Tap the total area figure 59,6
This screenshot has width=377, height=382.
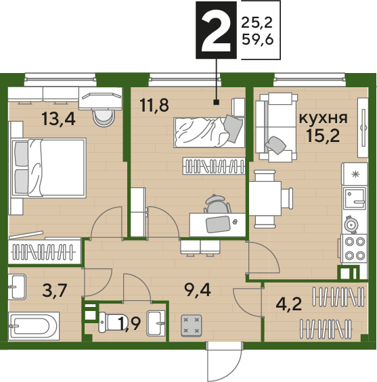257,39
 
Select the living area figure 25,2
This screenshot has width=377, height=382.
257,23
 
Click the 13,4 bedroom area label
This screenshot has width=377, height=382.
58,118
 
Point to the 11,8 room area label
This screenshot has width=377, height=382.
154,105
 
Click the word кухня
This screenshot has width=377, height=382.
323,118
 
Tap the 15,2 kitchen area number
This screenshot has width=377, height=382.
323,135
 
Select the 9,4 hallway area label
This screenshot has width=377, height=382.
198,290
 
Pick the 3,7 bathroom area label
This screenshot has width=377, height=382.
54,291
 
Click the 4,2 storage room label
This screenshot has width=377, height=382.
289,304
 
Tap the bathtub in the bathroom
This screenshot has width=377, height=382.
34,326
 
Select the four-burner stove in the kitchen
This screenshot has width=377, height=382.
354,249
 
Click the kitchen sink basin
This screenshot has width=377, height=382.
355,198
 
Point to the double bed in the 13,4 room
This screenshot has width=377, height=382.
49,168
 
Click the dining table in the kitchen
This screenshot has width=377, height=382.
265,198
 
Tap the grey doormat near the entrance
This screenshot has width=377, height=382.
192,325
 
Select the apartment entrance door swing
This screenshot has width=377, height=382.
225,361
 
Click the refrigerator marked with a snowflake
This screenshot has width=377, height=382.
355,174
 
